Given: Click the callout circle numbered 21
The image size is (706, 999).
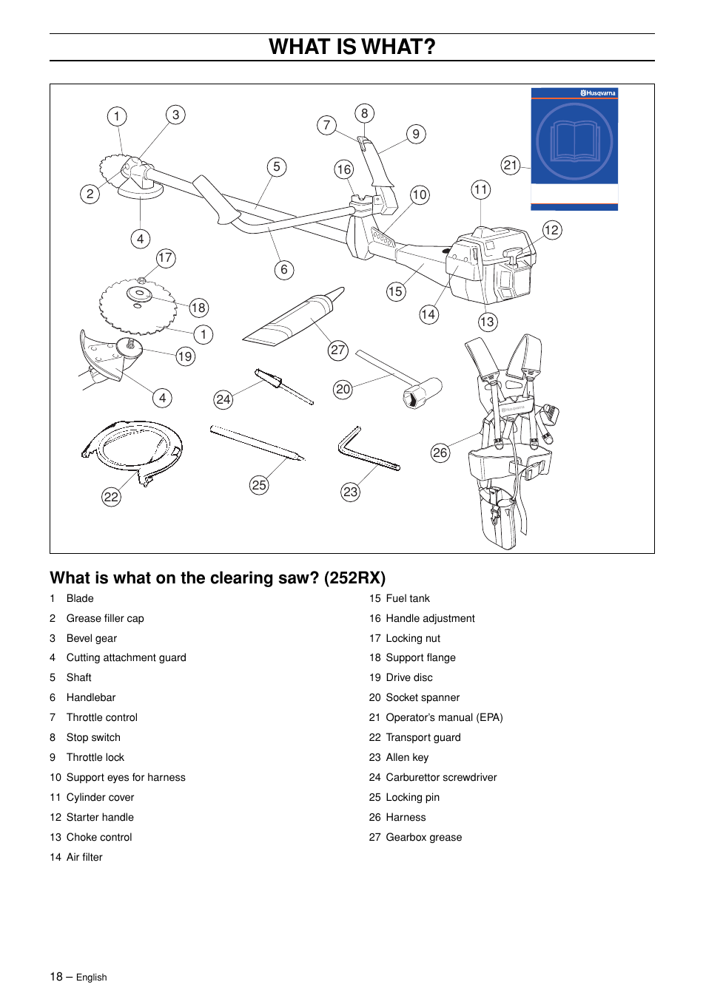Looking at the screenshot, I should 511,165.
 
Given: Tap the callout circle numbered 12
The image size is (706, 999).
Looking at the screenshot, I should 551,230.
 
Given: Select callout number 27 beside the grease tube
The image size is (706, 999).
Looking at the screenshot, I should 337,350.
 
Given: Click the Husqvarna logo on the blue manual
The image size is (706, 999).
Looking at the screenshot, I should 598,93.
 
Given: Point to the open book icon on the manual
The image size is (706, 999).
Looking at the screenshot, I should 574,142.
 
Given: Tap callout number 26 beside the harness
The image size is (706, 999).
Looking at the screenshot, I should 440,453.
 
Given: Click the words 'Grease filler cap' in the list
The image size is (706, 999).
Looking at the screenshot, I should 105,618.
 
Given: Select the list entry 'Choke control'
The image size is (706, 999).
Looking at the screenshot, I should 99,837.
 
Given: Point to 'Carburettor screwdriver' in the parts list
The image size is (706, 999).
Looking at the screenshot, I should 441,777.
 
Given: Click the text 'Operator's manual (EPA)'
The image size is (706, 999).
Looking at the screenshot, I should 444,717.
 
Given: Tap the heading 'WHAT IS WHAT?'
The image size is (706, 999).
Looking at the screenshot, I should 352,47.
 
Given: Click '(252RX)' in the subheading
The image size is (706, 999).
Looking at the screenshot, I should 354,578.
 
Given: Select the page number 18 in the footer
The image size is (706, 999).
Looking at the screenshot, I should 56,977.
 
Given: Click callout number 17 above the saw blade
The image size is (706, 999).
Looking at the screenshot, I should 165,258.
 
